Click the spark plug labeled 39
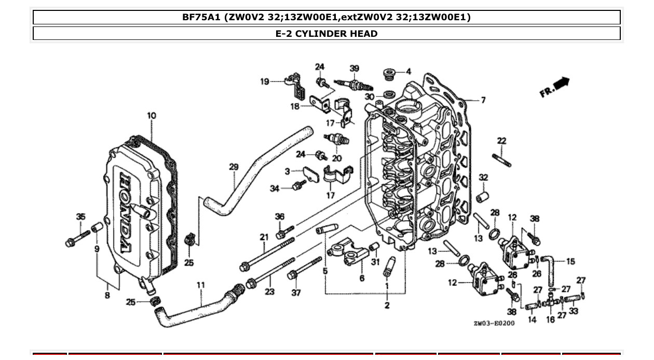coord(349,84)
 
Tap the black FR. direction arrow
coord(561,83)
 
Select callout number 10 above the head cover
coord(151,115)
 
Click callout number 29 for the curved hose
coord(234,167)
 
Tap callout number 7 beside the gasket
coord(483,100)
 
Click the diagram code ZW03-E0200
coord(494,323)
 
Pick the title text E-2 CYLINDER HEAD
coord(326,34)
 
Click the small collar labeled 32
coord(483,198)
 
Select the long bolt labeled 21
coord(267,254)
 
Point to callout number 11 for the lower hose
coord(201,285)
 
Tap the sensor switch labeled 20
coord(336,140)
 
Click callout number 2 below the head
coord(387,305)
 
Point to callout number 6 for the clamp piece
coord(362,278)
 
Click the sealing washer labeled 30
coord(388,95)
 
